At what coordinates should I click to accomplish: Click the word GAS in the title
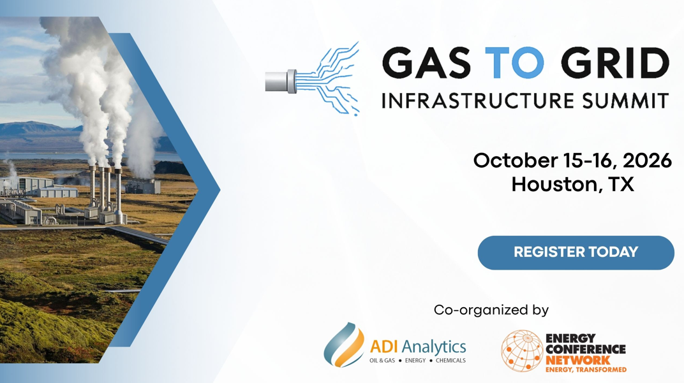[426, 62]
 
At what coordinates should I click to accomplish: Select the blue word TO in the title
[515, 62]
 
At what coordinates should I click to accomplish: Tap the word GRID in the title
[614, 62]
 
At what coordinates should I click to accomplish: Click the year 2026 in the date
[648, 161]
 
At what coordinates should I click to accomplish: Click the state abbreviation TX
[621, 184]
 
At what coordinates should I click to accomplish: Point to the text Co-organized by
[491, 310]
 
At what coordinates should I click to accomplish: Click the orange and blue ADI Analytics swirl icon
[344, 345]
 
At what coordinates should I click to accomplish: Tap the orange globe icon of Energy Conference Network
[521, 350]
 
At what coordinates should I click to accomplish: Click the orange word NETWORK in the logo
[578, 360]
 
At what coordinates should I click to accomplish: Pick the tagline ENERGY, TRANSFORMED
[586, 370]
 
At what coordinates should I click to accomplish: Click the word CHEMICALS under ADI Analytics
[450, 361]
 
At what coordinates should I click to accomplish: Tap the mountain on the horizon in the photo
[31, 128]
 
